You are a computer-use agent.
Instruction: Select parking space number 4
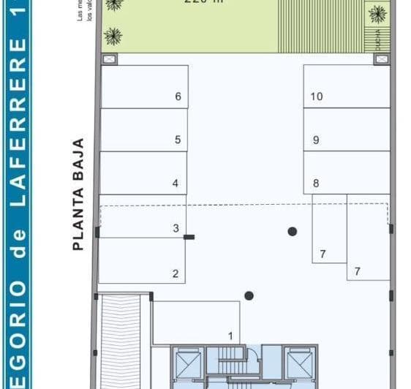(x=176, y=184)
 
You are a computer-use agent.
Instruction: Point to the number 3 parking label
(x=176, y=229)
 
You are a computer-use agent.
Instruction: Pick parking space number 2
(x=176, y=274)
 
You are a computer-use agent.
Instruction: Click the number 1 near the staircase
(x=230, y=336)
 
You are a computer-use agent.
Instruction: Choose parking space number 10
(x=316, y=97)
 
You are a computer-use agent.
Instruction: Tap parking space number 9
(x=316, y=140)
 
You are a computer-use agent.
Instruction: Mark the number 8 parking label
(x=316, y=184)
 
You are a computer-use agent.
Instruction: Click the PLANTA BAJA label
(x=80, y=194)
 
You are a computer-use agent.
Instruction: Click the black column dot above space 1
(x=249, y=296)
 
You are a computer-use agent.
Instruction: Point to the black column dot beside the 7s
(x=293, y=231)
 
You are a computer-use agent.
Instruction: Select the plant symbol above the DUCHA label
(x=377, y=13)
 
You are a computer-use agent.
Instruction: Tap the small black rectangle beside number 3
(x=189, y=237)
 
